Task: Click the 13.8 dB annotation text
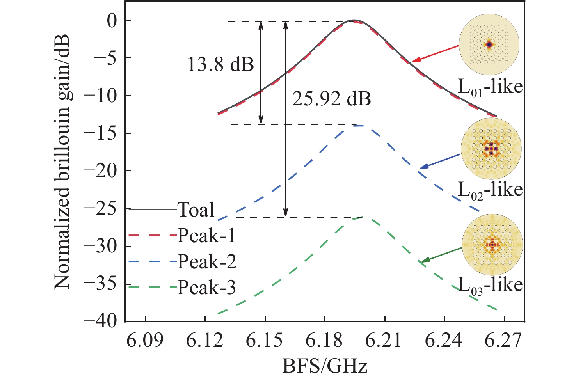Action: pos(220,64)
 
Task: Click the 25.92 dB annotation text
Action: pos(331,99)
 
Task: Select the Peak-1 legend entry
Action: pos(206,236)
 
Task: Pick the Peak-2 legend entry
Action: pos(207,262)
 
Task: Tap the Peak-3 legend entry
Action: pos(206,288)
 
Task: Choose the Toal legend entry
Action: pos(196,210)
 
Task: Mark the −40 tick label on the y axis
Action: pos(101,321)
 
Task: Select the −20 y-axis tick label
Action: pos(101,171)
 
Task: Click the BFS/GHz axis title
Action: pos(325,367)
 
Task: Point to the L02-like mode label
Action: pos(490,190)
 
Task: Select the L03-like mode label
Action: pos(490,285)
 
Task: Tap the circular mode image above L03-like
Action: pos(492,244)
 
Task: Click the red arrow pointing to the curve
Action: pos(436,53)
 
